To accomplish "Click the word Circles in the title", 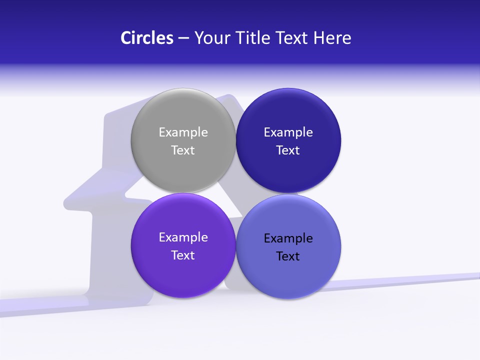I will [147, 38].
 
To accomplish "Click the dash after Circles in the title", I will [183, 38].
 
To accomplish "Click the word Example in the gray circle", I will [183, 132].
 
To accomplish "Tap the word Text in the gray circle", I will [183, 150].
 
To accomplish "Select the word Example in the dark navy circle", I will [288, 132].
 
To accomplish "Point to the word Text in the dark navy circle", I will [288, 150].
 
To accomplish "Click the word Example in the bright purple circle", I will [183, 237].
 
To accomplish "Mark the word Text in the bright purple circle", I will [183, 255].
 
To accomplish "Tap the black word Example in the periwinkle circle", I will [288, 238].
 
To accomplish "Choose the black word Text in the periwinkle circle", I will [288, 256].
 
